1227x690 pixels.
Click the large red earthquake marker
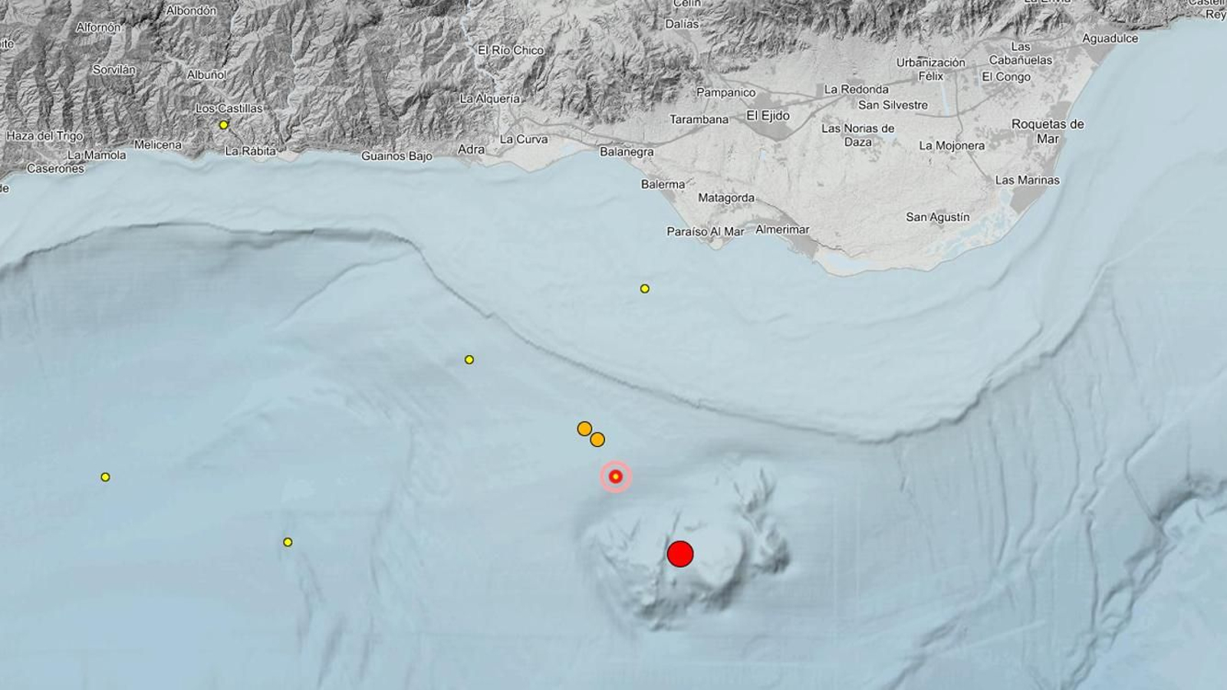(x=680, y=554)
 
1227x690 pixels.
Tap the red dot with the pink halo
(x=615, y=477)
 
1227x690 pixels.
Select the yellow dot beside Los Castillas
(x=224, y=125)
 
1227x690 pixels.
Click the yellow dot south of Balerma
(x=645, y=289)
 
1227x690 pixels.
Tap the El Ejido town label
(x=768, y=116)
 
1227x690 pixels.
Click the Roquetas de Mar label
(x=1048, y=131)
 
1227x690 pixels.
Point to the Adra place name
(x=471, y=149)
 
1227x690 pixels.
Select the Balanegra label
(x=627, y=152)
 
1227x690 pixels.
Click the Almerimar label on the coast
(x=782, y=229)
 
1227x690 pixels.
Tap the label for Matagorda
(x=726, y=198)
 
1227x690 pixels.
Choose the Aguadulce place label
(x=1110, y=38)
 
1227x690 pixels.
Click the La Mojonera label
(x=952, y=146)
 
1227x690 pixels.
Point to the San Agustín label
(x=938, y=217)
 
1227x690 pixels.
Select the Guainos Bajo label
(x=396, y=156)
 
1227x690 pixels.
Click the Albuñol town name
(x=207, y=75)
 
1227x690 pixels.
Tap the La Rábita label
(x=250, y=151)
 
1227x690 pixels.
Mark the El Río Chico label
(x=511, y=50)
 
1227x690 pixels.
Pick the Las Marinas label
(x=1028, y=180)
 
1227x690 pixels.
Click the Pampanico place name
(x=725, y=93)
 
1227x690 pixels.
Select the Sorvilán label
(x=114, y=70)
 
